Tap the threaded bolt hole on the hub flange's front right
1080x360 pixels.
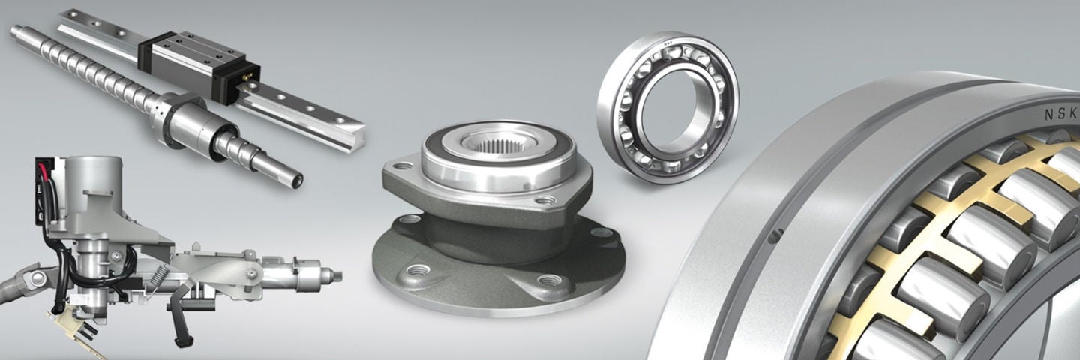pyautogui.click(x=556, y=281)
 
